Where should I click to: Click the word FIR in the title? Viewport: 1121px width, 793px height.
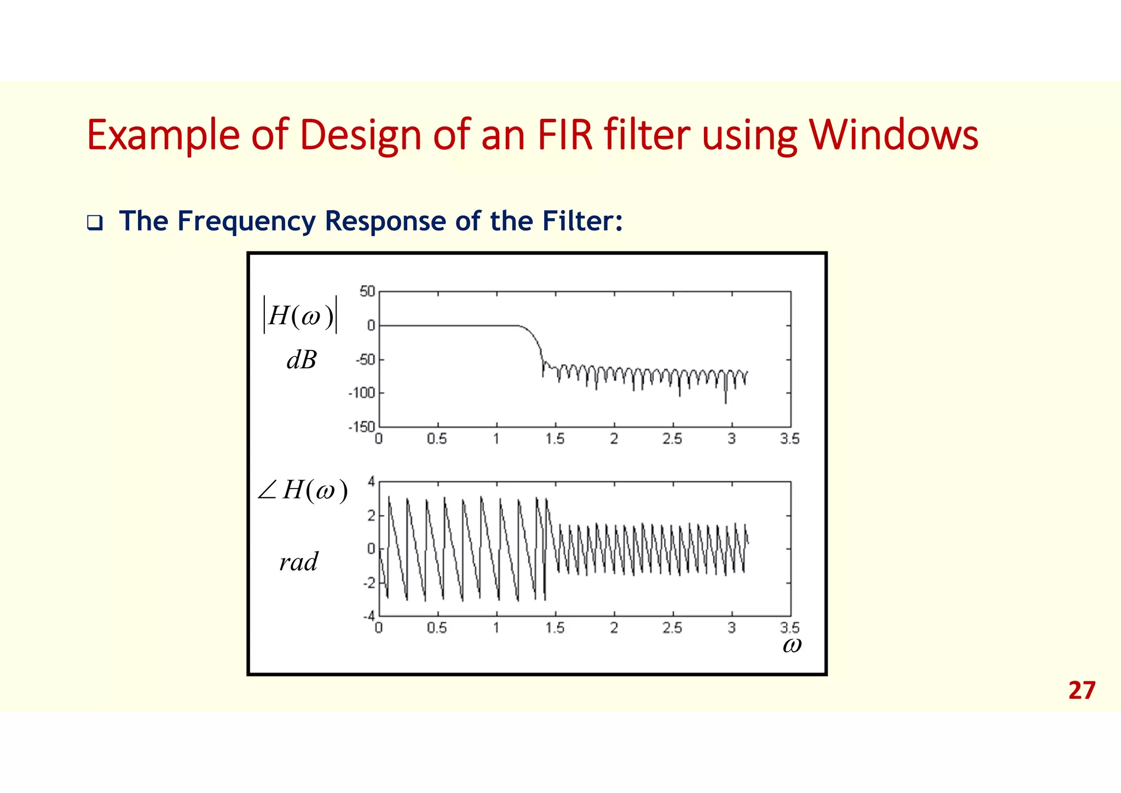click(x=565, y=135)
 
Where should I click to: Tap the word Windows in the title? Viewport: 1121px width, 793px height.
click(x=893, y=135)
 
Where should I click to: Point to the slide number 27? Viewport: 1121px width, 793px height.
click(x=1082, y=691)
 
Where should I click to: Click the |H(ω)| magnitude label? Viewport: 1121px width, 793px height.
click(x=301, y=315)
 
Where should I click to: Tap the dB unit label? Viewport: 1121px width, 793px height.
click(x=302, y=360)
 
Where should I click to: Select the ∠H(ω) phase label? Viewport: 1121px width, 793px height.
click(x=303, y=490)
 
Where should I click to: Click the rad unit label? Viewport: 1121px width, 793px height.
click(x=298, y=562)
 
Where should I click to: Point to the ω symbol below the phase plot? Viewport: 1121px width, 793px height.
click(x=792, y=645)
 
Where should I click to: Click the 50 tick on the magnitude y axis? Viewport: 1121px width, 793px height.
click(x=367, y=291)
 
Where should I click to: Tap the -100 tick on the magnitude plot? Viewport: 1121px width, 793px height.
click(x=362, y=393)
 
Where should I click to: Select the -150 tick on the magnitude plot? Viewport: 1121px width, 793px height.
click(x=362, y=426)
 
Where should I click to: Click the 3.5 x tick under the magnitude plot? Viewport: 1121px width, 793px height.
click(x=790, y=439)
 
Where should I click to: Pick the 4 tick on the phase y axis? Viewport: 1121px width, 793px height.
click(x=371, y=482)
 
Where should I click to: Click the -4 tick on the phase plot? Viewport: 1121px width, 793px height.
click(x=369, y=617)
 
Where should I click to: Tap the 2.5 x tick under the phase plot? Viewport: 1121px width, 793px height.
click(x=672, y=628)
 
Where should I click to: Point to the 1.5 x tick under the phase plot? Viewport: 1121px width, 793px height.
click(x=554, y=628)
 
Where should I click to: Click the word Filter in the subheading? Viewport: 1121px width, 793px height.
click(x=582, y=221)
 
